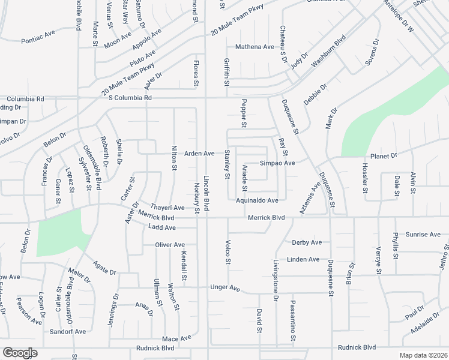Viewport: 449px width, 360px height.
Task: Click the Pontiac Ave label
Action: tap(37, 41)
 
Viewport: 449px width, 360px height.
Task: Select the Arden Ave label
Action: tap(199, 154)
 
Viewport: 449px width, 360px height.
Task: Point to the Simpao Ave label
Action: tap(277, 163)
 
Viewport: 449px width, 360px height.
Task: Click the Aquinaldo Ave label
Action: tap(257, 200)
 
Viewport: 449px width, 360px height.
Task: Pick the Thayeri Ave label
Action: tap(167, 208)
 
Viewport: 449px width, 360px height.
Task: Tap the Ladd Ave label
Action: tap(161, 228)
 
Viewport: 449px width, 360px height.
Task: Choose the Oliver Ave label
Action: tap(170, 245)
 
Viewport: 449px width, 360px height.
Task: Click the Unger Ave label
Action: tap(224, 289)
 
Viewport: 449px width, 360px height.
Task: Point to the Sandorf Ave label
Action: tap(68, 331)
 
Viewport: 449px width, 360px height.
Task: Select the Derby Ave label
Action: tap(307, 242)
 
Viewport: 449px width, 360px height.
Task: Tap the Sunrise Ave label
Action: tap(423, 235)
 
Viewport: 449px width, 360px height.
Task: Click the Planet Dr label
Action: tap(384, 156)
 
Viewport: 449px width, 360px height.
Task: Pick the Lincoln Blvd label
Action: tap(206, 192)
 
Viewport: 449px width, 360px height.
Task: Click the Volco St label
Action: tap(228, 252)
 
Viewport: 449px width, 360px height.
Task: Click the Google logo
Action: tap(20, 353)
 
